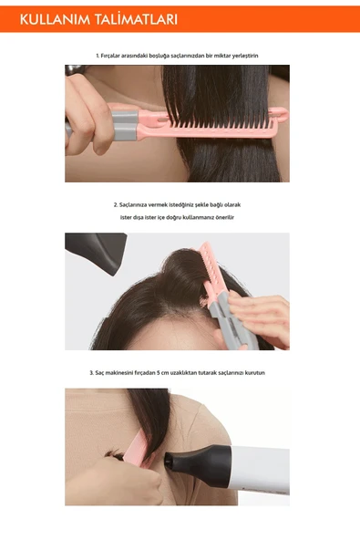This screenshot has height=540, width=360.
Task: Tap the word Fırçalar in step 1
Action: click(x=117, y=56)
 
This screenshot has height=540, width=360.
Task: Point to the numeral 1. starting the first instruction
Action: click(x=98, y=56)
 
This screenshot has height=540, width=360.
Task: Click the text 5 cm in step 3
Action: click(x=190, y=373)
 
